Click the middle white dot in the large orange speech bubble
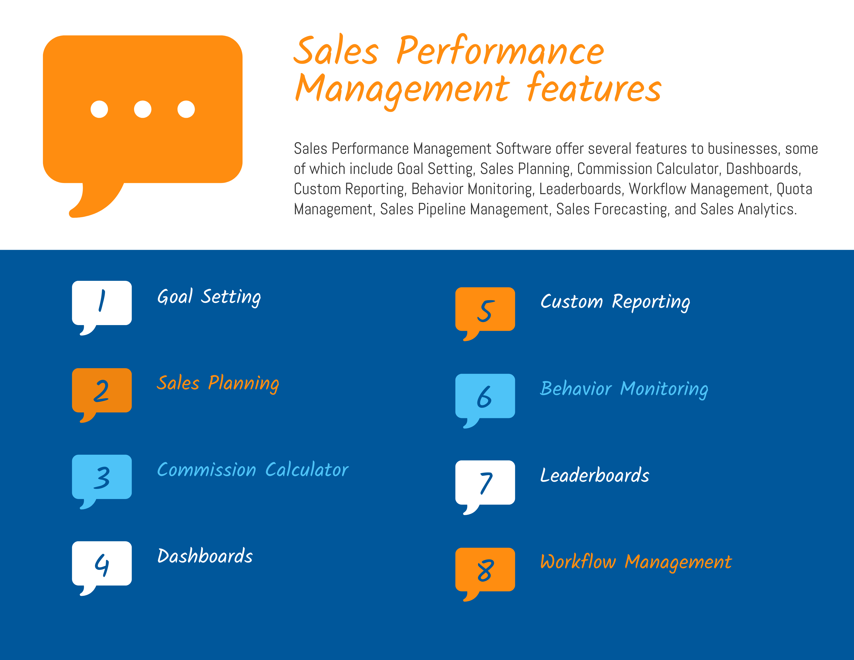coord(143,109)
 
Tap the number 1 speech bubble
coord(102,303)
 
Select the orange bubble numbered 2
coord(102,390)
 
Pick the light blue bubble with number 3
coord(102,477)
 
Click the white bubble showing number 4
coord(102,563)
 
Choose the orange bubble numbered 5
coord(485,309)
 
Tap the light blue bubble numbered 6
coord(485,396)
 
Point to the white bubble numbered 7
coord(485,482)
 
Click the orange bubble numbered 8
coord(485,570)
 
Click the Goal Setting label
coord(209,297)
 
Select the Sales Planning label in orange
coord(218,383)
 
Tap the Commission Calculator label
coord(252,470)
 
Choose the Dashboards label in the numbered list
coord(205,556)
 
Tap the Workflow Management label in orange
coord(635,562)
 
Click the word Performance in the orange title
coord(500,51)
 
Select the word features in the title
coord(594,88)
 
